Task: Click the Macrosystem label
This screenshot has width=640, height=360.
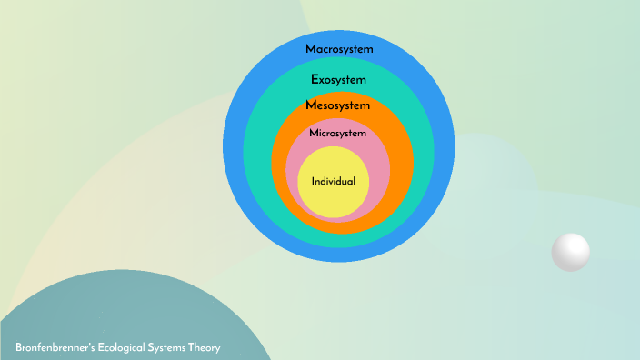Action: click(x=339, y=48)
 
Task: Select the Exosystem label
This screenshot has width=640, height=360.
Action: click(x=339, y=79)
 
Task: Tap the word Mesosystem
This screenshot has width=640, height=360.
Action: click(x=338, y=106)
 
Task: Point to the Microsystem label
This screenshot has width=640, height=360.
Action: click(x=337, y=134)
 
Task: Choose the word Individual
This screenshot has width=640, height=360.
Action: click(x=333, y=182)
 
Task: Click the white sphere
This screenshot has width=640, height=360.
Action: click(x=571, y=252)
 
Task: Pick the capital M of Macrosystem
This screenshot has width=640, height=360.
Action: click(x=310, y=48)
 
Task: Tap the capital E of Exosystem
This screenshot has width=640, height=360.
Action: click(x=315, y=79)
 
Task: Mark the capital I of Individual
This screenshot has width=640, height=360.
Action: click(x=314, y=182)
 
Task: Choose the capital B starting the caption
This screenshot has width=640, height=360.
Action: click(x=19, y=348)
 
